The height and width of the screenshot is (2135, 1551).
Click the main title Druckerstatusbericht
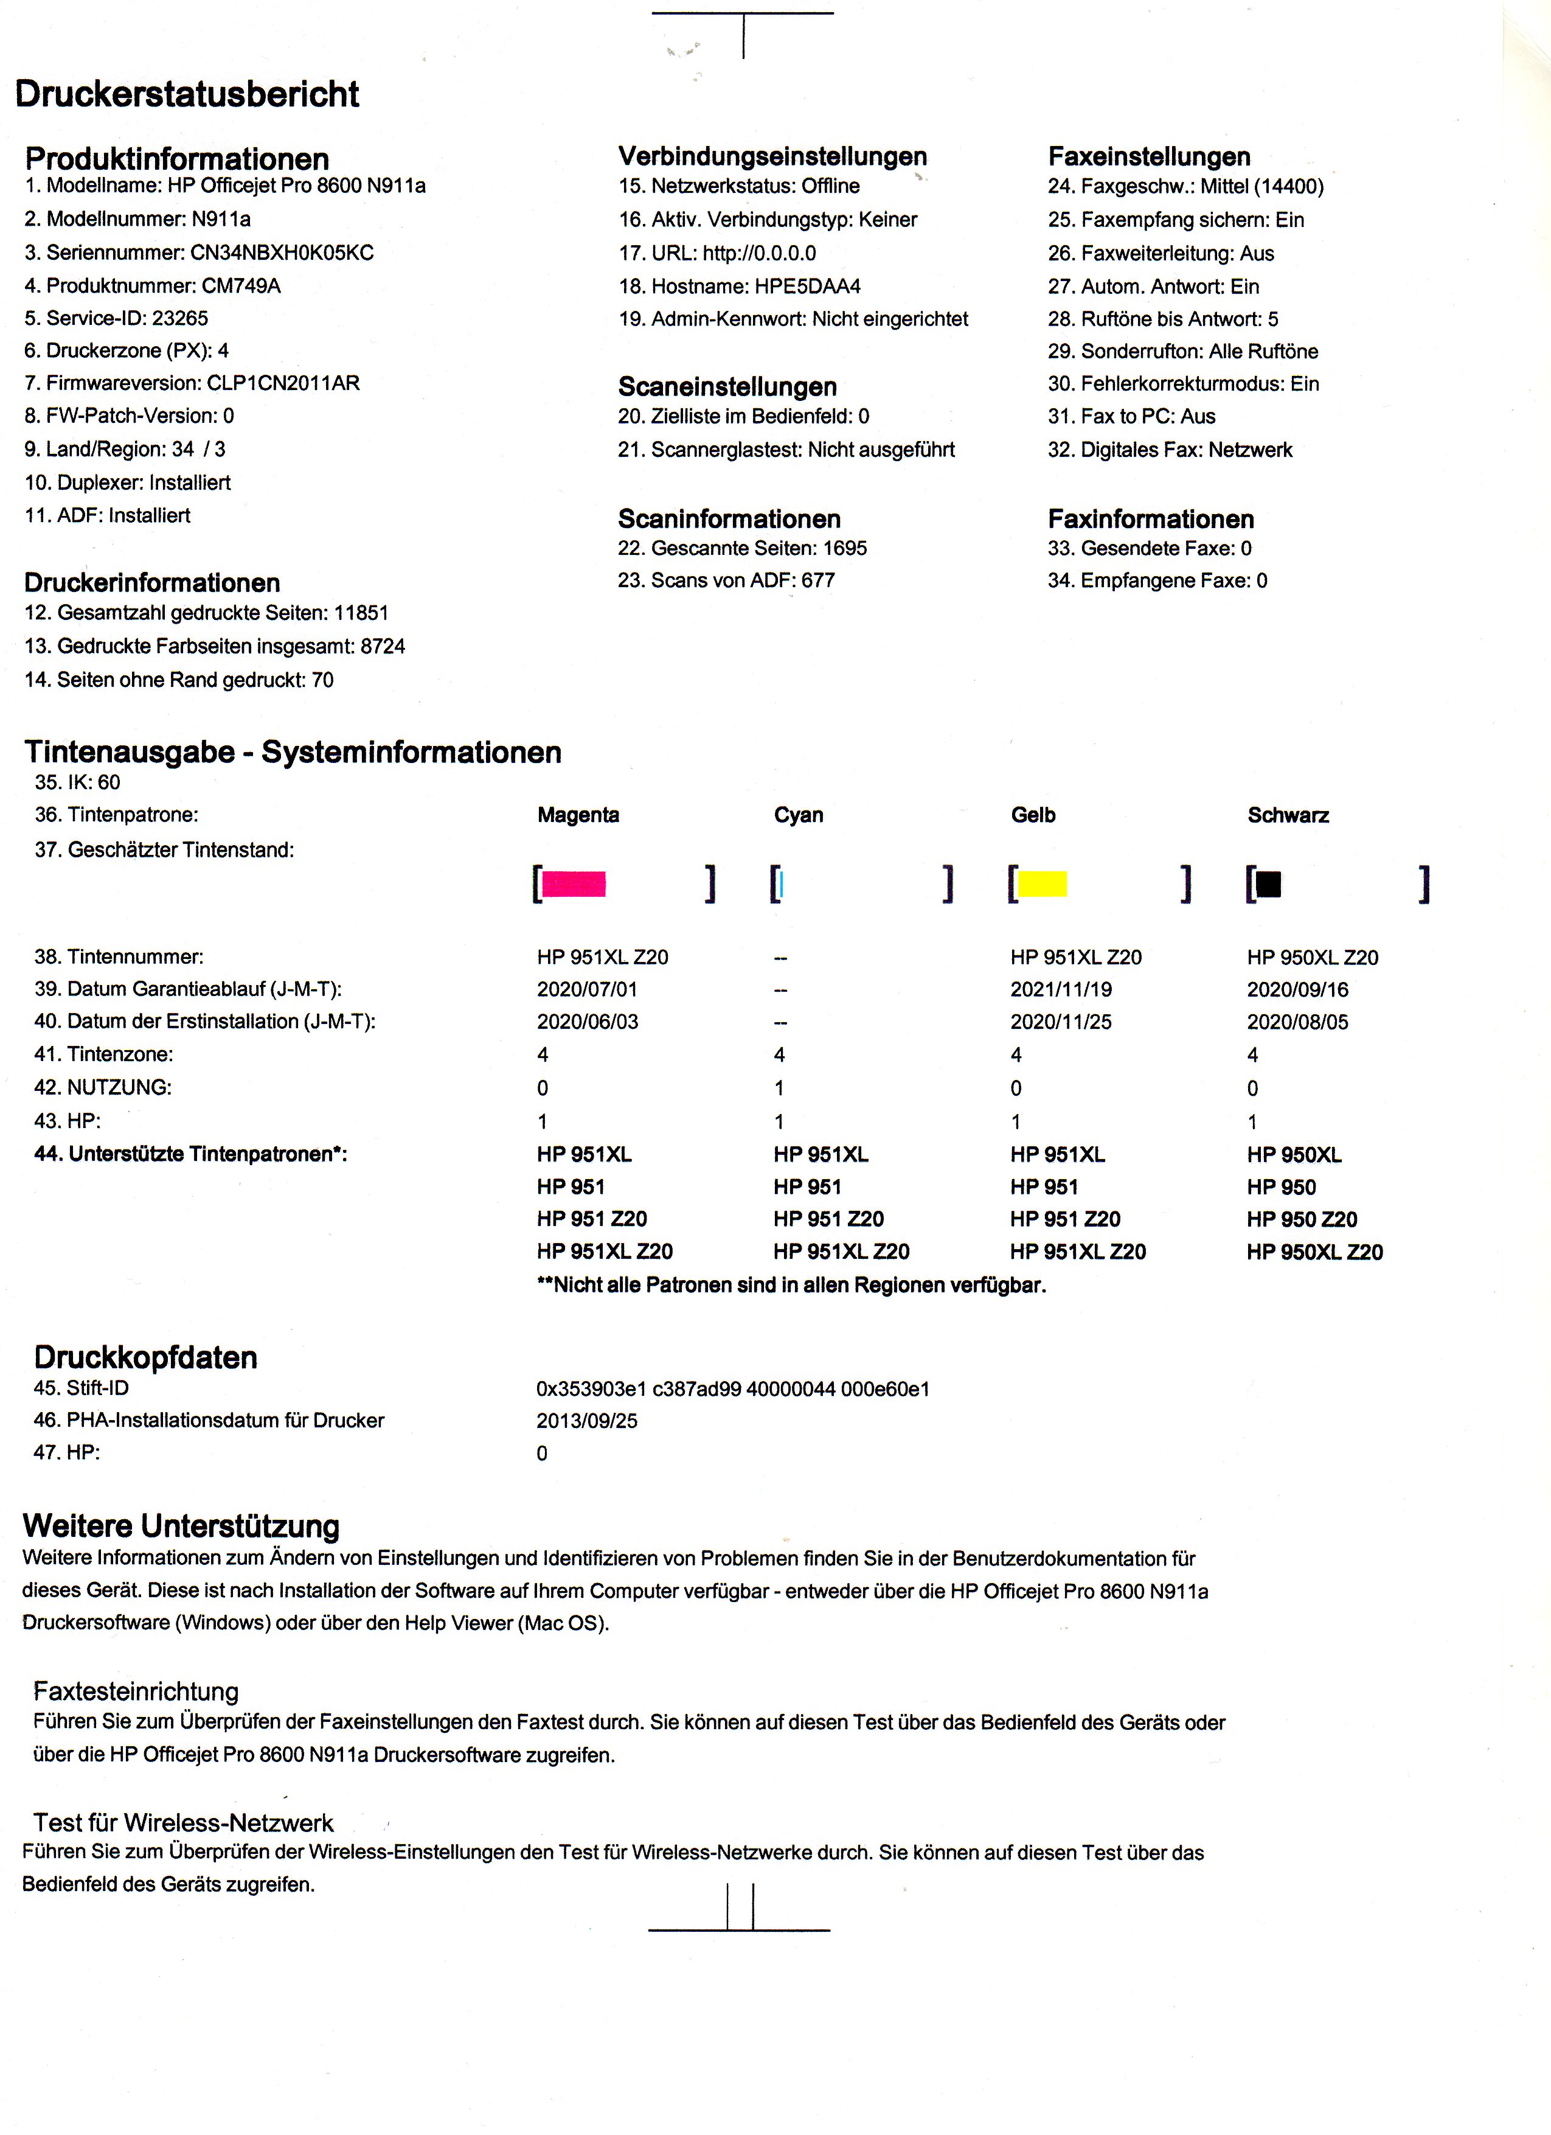pos(187,94)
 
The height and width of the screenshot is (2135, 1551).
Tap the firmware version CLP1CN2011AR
pos(283,383)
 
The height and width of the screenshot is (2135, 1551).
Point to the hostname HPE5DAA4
pos(808,286)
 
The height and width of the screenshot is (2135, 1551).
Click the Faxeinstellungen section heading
pos(1149,156)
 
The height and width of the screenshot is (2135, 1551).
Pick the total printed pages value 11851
pos(361,613)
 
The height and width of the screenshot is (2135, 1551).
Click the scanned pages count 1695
pos(844,548)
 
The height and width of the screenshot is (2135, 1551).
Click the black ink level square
pos(1269,884)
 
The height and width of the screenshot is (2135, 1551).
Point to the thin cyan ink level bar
pos(781,884)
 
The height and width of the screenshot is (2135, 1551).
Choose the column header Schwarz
pos(1288,815)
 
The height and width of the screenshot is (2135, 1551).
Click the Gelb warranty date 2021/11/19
pos(1061,989)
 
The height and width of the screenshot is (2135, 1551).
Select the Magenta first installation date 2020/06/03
pos(588,1022)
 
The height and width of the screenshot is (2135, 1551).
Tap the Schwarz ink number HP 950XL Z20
pos(1312,957)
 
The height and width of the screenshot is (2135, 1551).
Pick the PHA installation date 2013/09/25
pos(586,1421)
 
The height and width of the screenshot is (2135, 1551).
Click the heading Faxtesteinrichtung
pos(136,1691)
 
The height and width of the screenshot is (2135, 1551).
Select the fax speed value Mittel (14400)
pos(1261,186)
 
